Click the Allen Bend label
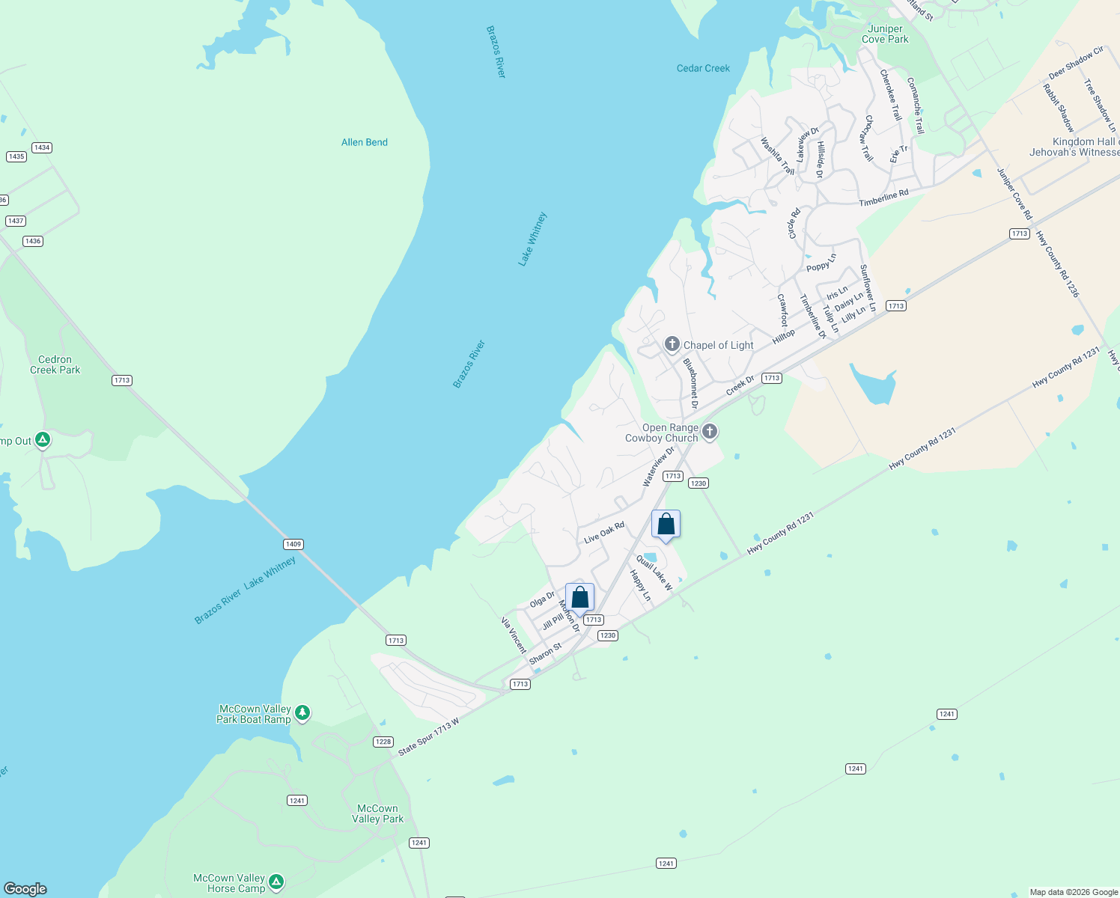[x=365, y=142]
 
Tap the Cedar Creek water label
[x=703, y=68]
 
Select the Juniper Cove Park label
[x=885, y=34]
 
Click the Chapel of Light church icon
[x=672, y=344]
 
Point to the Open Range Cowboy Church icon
[x=710, y=432]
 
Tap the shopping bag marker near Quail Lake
[x=666, y=525]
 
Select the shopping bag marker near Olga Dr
[x=579, y=598]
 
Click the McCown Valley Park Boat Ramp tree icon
[x=302, y=712]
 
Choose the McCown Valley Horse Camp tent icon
[x=276, y=882]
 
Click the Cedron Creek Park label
[x=55, y=364]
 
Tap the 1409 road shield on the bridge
[x=293, y=544]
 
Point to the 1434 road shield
[x=42, y=147]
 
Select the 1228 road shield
[x=383, y=742]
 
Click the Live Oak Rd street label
[x=603, y=533]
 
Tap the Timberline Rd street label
[x=883, y=198]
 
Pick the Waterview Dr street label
[x=658, y=466]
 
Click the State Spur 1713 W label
[x=428, y=737]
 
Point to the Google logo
[x=25, y=889]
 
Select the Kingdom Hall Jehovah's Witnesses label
[x=1075, y=147]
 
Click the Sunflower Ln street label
[x=868, y=288]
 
